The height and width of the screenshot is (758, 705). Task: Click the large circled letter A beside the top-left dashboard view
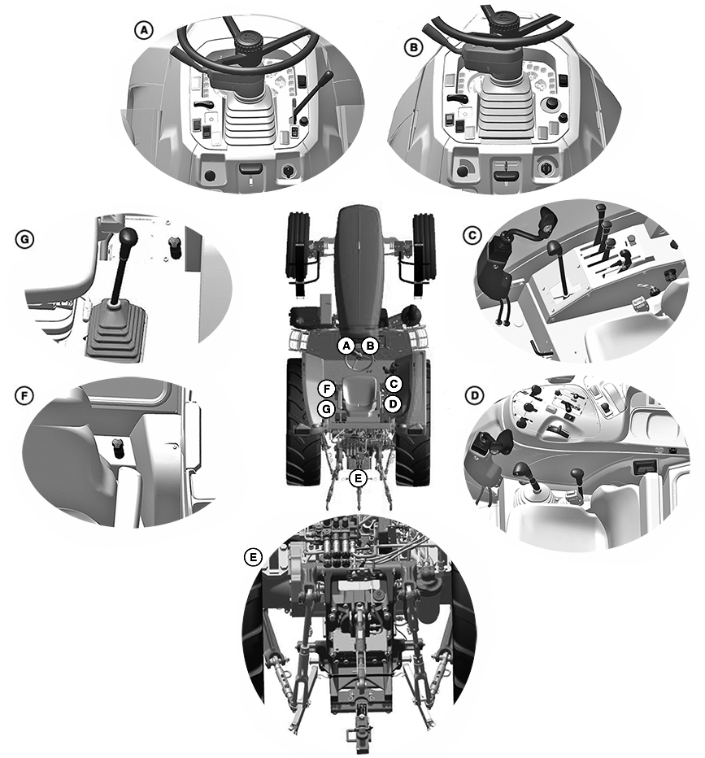(143, 31)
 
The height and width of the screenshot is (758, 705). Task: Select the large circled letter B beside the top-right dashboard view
(413, 48)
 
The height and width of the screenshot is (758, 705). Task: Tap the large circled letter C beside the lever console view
(472, 235)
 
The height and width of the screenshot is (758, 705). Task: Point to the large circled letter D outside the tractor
(474, 396)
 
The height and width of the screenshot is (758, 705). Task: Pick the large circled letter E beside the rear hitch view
(252, 557)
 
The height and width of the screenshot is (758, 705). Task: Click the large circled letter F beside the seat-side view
(24, 396)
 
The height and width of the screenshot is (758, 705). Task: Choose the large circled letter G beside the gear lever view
(24, 239)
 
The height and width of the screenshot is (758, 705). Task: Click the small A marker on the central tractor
(346, 346)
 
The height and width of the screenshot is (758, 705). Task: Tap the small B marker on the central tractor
(370, 346)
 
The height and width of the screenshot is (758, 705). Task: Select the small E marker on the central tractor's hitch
(358, 478)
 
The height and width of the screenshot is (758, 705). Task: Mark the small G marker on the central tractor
(327, 409)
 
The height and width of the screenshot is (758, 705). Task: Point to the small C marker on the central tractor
(394, 384)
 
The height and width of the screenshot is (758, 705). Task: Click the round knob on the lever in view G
(128, 237)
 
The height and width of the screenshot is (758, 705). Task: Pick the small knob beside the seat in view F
(116, 447)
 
